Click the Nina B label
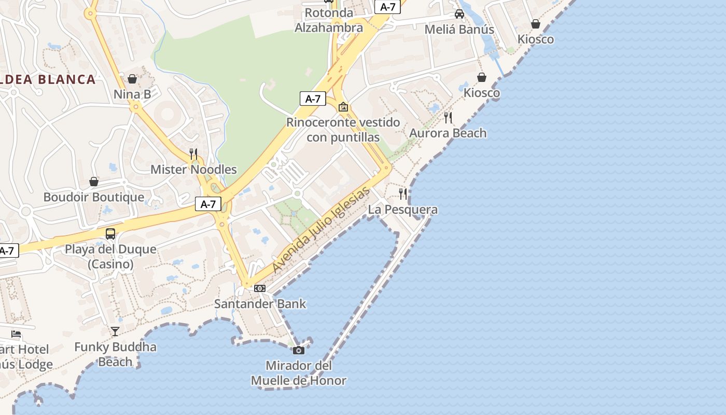[x=132, y=94]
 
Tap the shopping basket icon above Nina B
[x=132, y=79]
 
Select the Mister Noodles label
[x=193, y=170]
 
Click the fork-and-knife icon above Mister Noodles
[x=193, y=154]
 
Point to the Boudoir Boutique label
[x=94, y=197]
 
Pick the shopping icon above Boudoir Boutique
[x=94, y=182]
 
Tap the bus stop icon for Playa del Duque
[x=110, y=233]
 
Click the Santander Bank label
[x=260, y=304]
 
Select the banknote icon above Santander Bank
[x=260, y=288]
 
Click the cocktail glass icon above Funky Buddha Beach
[x=115, y=331]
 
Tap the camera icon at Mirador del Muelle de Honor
[x=299, y=350]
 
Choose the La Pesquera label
[x=403, y=210]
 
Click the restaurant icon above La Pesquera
[x=403, y=193]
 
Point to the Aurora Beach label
[x=448, y=133]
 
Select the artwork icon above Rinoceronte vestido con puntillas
[x=343, y=107]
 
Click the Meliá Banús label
[x=459, y=30]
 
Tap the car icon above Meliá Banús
[x=459, y=14]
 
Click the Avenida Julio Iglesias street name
[x=321, y=229]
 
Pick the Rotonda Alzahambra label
[x=329, y=20]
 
